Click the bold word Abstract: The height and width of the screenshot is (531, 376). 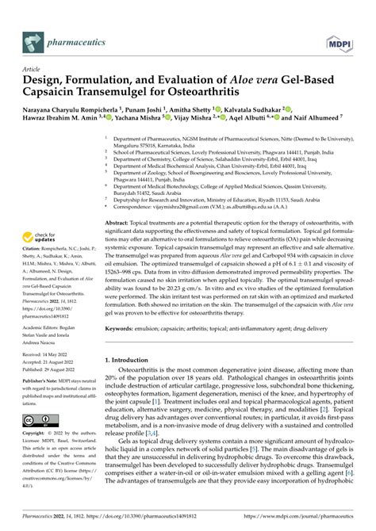tap(121, 225)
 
